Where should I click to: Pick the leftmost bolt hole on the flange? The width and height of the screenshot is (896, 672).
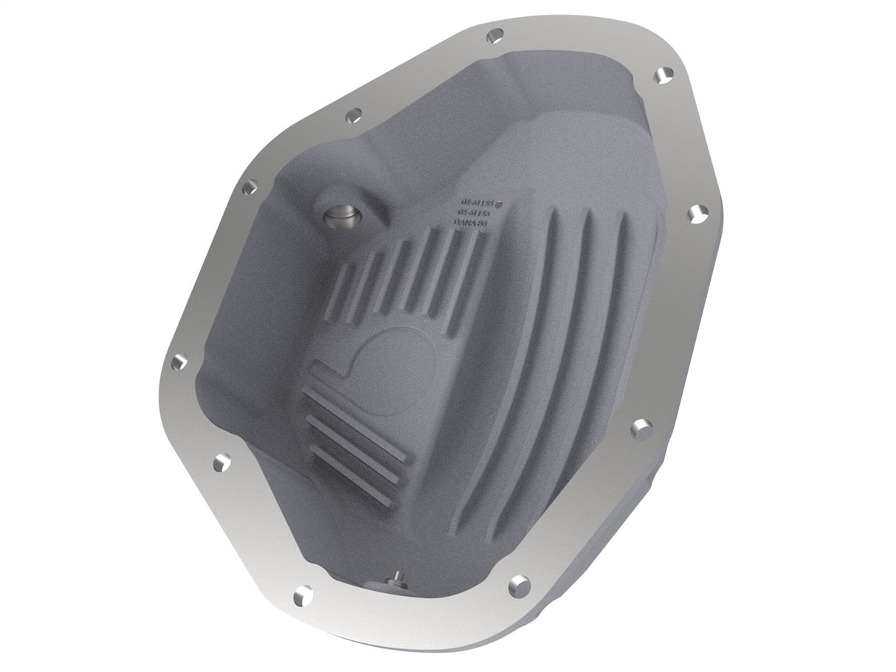coord(177,363)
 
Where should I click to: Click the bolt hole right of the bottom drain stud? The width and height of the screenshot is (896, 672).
coord(519,583)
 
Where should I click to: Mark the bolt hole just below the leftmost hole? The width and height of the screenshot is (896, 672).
coord(220,463)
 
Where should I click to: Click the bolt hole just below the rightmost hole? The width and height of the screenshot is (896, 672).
coord(641,426)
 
